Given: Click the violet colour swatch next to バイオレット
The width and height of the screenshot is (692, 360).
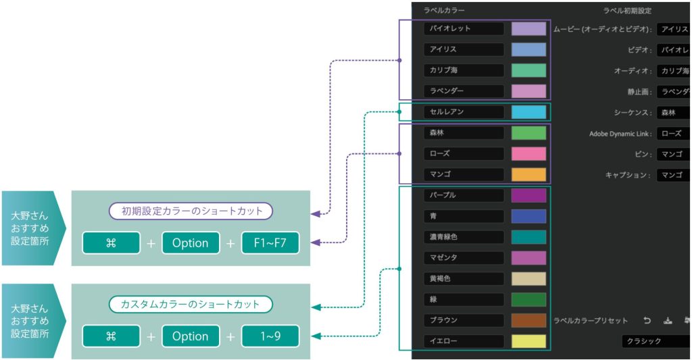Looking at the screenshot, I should point(528,28).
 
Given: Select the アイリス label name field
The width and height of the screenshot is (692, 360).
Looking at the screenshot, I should point(464,49).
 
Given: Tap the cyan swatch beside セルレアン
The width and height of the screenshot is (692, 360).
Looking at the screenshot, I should point(528,112).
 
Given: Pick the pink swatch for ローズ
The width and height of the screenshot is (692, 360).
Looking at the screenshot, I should point(528,153).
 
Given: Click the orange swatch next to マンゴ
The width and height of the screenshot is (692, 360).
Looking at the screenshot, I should point(528,174).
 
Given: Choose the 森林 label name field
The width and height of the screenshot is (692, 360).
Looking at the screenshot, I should point(464,133).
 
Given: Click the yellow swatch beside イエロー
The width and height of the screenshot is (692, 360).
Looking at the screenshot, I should point(528,341).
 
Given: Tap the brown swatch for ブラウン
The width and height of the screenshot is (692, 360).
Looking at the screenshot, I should point(528,320).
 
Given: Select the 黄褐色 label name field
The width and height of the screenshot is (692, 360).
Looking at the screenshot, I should point(464,278).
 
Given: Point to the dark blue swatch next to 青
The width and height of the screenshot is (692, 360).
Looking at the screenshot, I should point(528,216).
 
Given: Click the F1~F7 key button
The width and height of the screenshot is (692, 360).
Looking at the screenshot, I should point(270,243).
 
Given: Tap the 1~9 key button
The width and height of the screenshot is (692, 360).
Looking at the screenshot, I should point(270,336).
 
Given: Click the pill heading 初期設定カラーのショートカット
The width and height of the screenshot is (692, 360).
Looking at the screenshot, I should point(191,211).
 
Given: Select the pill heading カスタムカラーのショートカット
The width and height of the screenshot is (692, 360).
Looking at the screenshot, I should point(191,304).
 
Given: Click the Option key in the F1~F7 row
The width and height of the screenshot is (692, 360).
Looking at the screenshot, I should point(191,243).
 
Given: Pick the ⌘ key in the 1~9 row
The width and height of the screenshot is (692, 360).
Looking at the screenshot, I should point(111,336).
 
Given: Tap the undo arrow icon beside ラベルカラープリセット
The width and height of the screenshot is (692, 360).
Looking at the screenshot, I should point(647,321).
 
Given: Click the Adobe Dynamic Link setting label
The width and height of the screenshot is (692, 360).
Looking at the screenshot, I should point(620,134).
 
